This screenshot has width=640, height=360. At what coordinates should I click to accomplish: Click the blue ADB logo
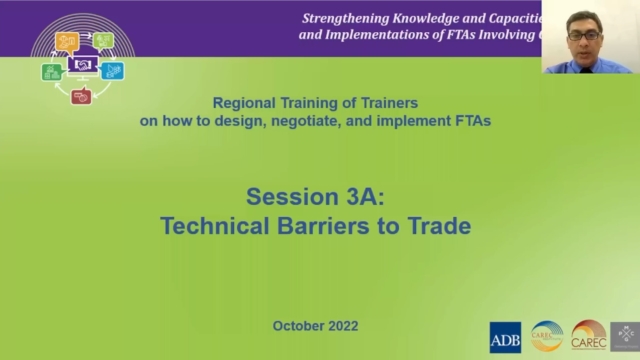pyautogui.click(x=505, y=336)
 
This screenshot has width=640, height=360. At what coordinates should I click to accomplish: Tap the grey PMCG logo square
pyautogui.click(x=625, y=336)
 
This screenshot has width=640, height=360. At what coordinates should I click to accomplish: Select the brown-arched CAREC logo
pyautogui.click(x=589, y=336)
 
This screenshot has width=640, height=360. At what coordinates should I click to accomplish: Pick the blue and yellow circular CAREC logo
pyautogui.click(x=547, y=336)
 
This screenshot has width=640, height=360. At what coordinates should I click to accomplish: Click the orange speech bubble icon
pyautogui.click(x=68, y=41)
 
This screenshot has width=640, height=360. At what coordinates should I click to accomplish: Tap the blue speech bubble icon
pyautogui.click(x=113, y=71)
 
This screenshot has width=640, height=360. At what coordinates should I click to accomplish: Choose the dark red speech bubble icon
pyautogui.click(x=82, y=97)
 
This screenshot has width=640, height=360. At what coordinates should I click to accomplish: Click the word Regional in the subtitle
pyautogui.click(x=243, y=103)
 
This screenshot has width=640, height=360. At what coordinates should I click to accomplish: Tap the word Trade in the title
pyautogui.click(x=436, y=225)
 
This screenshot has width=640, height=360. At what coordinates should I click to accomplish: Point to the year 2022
pyautogui.click(x=341, y=326)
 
